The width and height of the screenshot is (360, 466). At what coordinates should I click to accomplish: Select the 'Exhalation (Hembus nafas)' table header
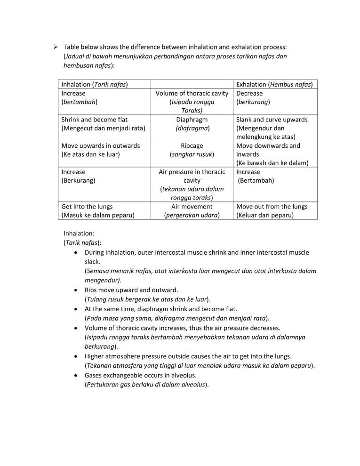coord(274,84)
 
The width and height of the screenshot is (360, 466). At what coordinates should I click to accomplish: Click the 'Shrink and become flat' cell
coord(95,120)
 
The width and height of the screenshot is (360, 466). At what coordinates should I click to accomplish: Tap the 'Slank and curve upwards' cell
coord(272,120)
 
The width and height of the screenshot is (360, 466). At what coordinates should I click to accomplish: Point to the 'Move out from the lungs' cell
coord(272,207)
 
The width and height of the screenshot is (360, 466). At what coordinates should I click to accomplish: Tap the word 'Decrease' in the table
coord(249,93)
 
